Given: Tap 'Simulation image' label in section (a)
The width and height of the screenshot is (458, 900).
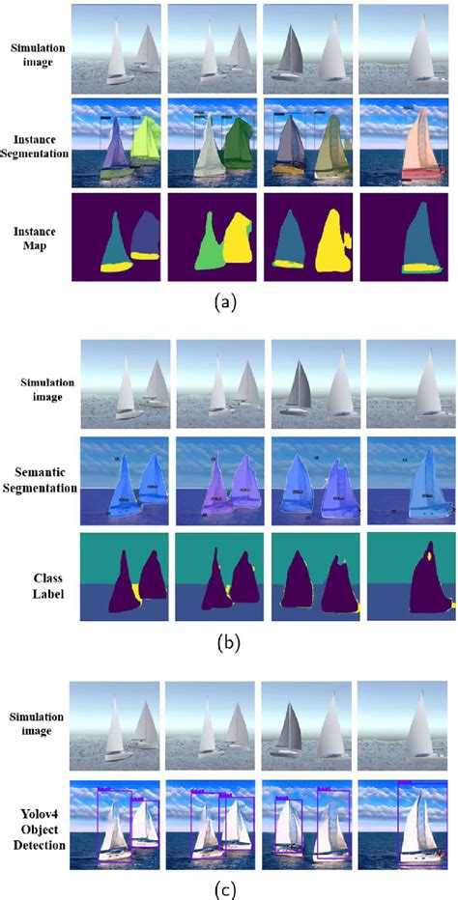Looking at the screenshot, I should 36,54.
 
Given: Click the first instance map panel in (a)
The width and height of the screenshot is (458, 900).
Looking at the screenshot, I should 118,238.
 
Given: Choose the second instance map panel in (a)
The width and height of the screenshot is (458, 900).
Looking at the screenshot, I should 215,238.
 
